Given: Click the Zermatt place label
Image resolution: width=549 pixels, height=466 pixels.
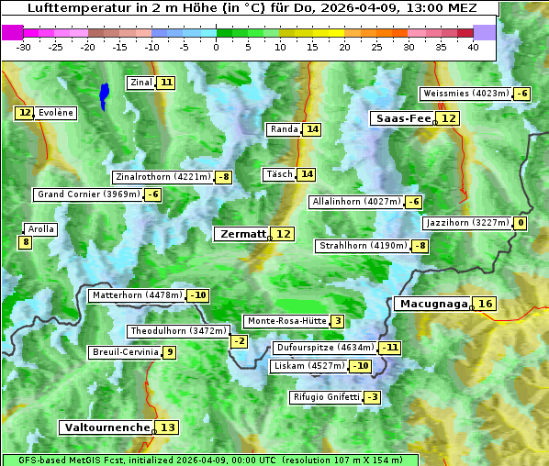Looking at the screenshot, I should (241, 234).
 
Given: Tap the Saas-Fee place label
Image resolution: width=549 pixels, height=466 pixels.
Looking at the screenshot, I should (402, 118).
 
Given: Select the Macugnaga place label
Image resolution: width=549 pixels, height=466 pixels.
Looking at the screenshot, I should (432, 304).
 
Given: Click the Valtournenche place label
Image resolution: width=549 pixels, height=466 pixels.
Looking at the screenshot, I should (106, 427).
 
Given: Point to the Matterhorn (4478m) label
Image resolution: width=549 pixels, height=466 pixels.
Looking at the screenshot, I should (136, 295).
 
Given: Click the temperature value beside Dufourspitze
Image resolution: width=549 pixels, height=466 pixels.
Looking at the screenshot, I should (391, 348).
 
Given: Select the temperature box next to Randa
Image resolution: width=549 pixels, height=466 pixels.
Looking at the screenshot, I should (312, 129).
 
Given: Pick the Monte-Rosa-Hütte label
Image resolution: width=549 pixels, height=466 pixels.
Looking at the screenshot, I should (284, 321).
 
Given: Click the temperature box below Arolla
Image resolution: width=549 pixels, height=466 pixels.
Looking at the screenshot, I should (25, 242).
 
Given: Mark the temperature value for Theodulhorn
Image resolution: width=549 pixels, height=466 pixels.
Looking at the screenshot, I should (239, 341).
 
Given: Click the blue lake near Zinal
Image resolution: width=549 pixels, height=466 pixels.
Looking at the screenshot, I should (104, 94).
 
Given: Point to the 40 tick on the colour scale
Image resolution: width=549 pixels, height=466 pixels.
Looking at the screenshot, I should (473, 46).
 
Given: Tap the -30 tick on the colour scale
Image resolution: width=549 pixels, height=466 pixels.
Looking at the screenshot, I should (24, 46).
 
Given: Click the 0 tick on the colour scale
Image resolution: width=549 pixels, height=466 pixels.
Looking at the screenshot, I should (216, 46).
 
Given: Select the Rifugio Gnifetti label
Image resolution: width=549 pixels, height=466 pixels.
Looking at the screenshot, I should (326, 397).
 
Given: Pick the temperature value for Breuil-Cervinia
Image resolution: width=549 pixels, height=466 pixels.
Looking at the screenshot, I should (170, 352).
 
